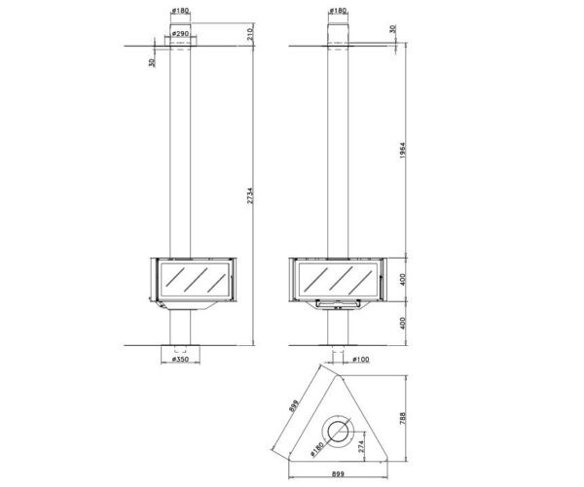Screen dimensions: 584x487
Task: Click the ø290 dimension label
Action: [180, 33]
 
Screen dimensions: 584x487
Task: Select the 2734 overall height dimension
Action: [250, 195]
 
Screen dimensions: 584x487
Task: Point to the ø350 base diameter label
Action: [180, 359]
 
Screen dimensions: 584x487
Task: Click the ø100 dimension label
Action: [360, 359]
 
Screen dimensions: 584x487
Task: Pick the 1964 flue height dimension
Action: [402, 151]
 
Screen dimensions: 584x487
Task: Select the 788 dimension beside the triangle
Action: [402, 419]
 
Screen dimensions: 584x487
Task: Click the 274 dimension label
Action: [361, 446]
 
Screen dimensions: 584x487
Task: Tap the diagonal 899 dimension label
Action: [294, 406]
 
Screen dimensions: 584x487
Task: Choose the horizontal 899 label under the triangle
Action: [338, 474]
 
